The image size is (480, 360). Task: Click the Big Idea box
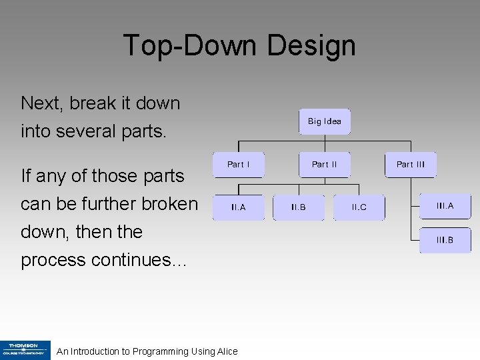click(324, 122)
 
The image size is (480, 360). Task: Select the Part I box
click(238, 165)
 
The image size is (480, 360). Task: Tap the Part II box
click(324, 165)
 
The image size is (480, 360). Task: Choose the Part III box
click(410, 165)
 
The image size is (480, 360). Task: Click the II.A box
click(238, 207)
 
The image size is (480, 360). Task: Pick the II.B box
click(299, 207)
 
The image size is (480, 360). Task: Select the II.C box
click(359, 207)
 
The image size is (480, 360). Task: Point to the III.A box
click(445, 206)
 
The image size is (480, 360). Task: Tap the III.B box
click(445, 240)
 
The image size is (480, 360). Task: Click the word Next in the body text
click(41, 103)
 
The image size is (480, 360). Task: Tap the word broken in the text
click(167, 203)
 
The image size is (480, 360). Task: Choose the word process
click(53, 260)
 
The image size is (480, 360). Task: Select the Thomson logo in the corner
click(25, 350)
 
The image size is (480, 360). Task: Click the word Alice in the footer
click(225, 351)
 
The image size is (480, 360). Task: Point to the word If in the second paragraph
click(26, 175)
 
